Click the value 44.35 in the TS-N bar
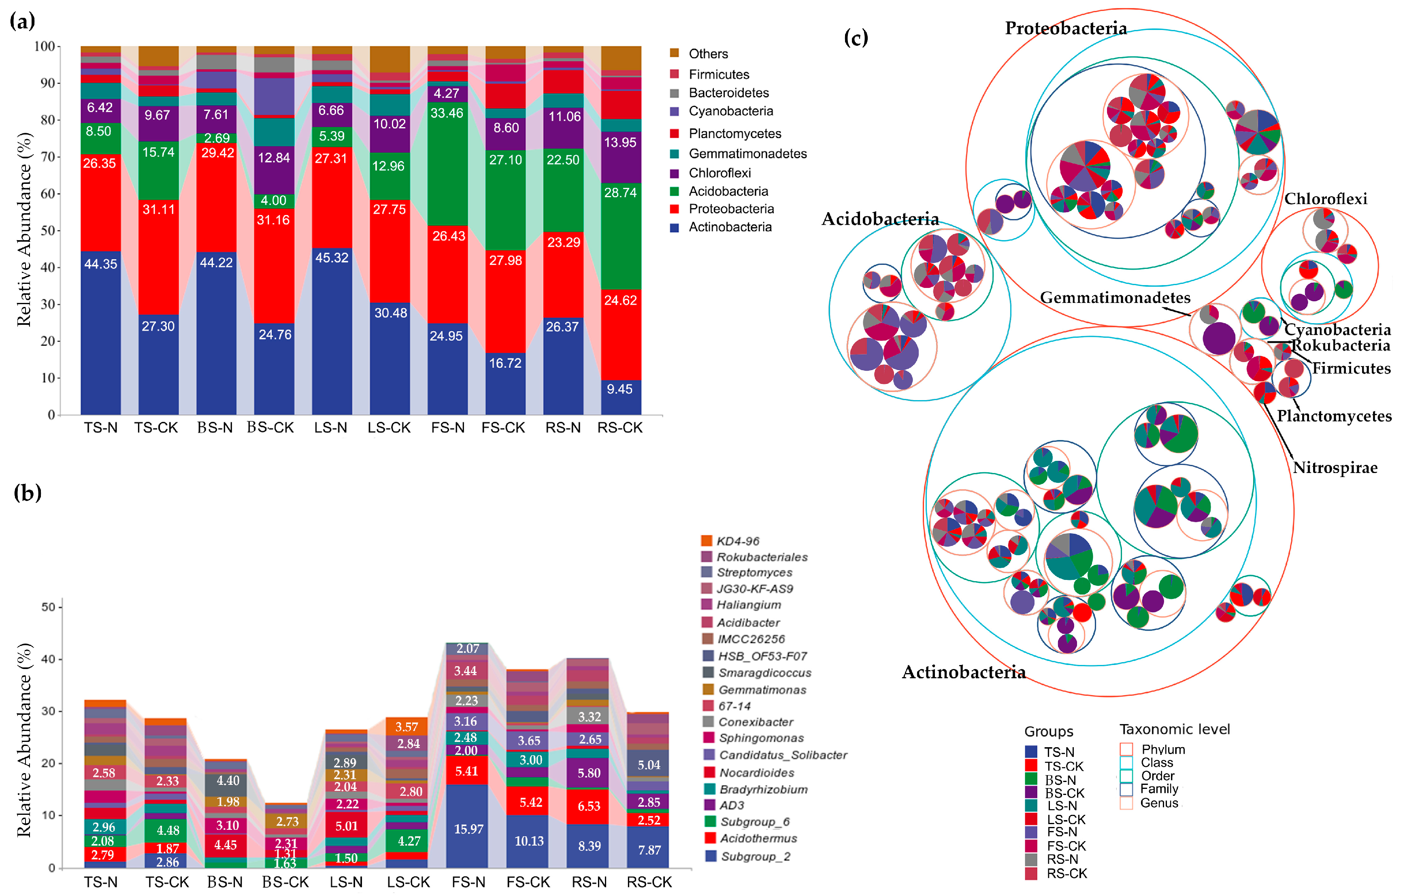(100, 264)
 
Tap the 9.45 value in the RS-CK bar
(619, 389)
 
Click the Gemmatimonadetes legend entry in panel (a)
(747, 153)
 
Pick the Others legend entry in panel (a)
(708, 54)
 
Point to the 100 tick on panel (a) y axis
(45, 46)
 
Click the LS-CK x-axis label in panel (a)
(389, 428)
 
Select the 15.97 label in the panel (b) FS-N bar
(468, 829)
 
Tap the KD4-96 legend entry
(737, 541)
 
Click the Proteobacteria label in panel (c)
(1065, 28)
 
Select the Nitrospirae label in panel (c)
(1335, 467)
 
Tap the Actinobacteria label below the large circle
(963, 672)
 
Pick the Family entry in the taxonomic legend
(1159, 789)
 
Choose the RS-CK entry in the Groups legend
(1067, 874)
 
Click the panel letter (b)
(28, 493)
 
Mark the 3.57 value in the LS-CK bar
(406, 727)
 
